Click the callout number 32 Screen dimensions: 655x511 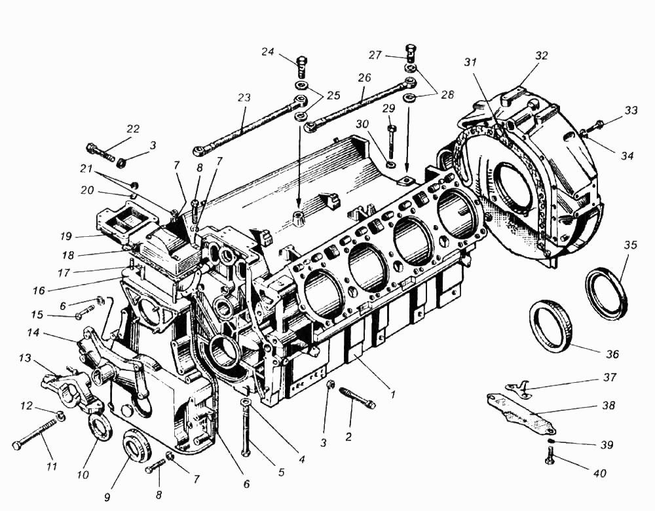coord(541,56)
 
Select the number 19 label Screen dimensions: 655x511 coord(65,236)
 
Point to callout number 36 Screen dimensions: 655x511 coord(612,354)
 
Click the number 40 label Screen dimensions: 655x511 coord(599,474)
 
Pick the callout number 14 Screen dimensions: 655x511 coord(33,332)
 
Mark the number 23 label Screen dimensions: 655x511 coord(244,97)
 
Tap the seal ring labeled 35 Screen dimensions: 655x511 coord(607,294)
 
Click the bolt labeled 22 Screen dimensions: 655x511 coord(100,152)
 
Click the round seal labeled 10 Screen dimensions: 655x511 coord(99,427)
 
